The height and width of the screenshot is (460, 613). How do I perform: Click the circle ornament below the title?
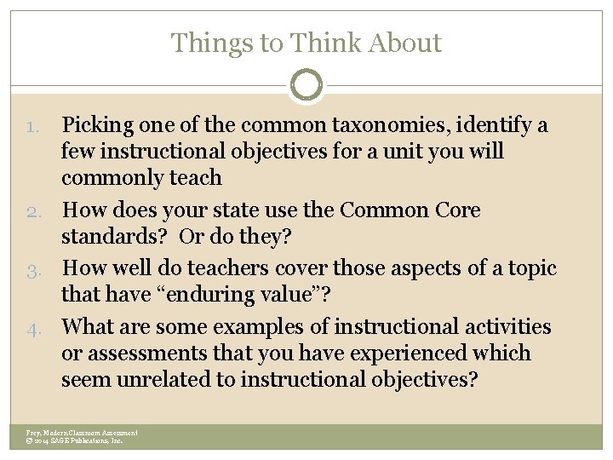306,85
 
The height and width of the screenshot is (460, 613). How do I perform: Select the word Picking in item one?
97,125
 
